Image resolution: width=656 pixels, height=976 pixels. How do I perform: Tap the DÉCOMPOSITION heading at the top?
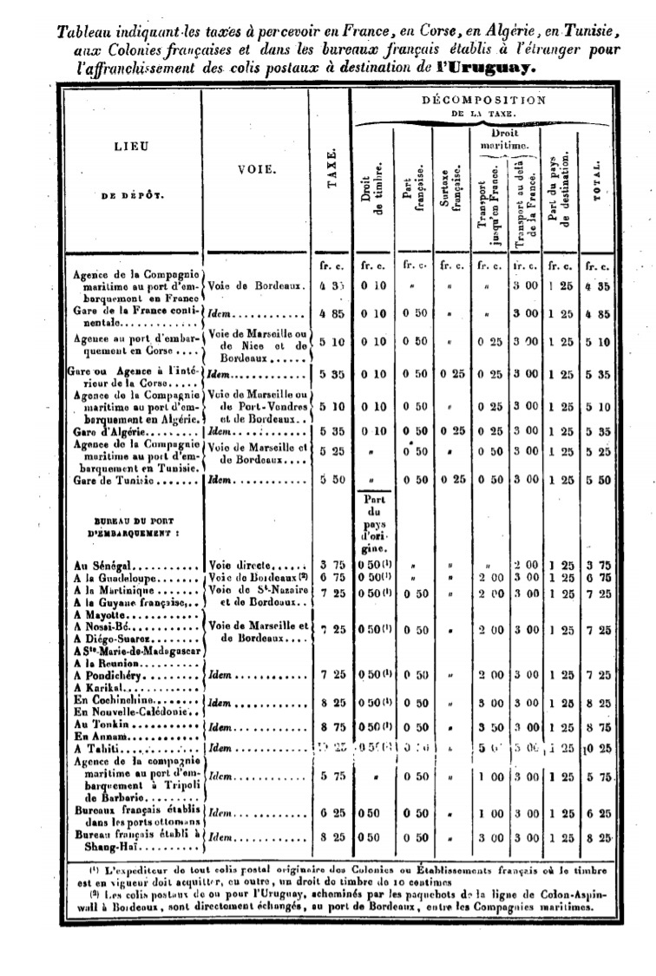tap(483, 100)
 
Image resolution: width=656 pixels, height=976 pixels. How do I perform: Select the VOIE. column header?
tap(256, 170)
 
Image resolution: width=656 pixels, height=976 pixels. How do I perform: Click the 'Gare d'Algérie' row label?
tap(113, 431)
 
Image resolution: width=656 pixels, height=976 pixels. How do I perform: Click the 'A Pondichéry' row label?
tap(110, 673)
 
